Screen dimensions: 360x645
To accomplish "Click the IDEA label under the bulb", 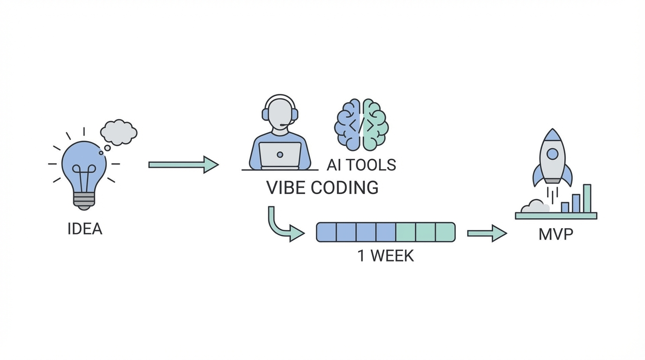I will tap(85, 229).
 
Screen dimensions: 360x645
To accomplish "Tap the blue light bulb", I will tap(84, 164).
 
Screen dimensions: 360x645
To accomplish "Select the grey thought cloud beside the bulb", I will tap(119, 132).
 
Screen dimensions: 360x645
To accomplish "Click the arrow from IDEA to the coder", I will tap(183, 165).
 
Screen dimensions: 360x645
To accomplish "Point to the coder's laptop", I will tap(280, 155).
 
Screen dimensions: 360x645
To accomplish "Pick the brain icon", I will tap(361, 125).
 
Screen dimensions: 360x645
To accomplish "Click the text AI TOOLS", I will tap(361, 165).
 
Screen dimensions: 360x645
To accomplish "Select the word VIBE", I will tap(286, 187).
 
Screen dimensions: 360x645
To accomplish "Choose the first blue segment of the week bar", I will tap(327, 232).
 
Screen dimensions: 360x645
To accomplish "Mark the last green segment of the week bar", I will tap(445, 232).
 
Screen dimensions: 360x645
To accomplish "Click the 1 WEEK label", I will tap(385, 256).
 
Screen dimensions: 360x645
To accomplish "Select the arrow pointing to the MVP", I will tap(487, 233).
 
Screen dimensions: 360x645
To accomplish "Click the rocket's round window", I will tap(553, 153).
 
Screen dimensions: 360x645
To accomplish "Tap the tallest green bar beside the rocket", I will tap(587, 198).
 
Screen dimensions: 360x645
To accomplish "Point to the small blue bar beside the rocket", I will tap(565, 207).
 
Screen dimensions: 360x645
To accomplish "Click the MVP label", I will tap(555, 233).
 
